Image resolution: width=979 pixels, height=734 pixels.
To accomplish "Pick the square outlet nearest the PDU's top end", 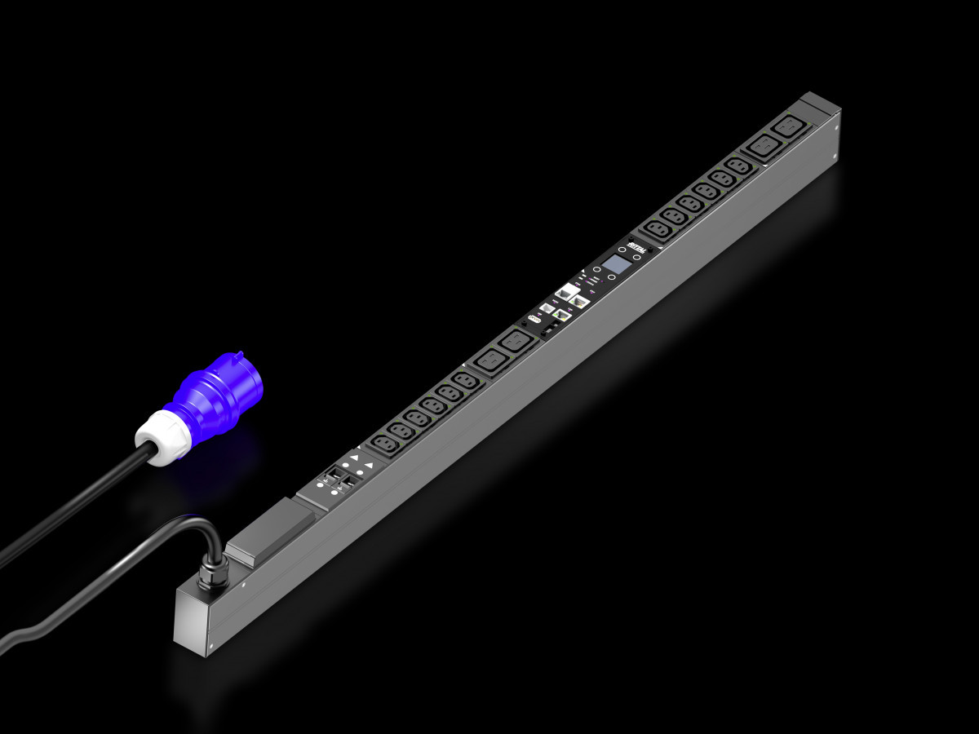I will tap(789, 128).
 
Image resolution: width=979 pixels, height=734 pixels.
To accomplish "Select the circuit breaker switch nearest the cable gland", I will tap(334, 483).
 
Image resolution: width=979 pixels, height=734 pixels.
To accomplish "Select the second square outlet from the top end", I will tap(761, 148).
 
